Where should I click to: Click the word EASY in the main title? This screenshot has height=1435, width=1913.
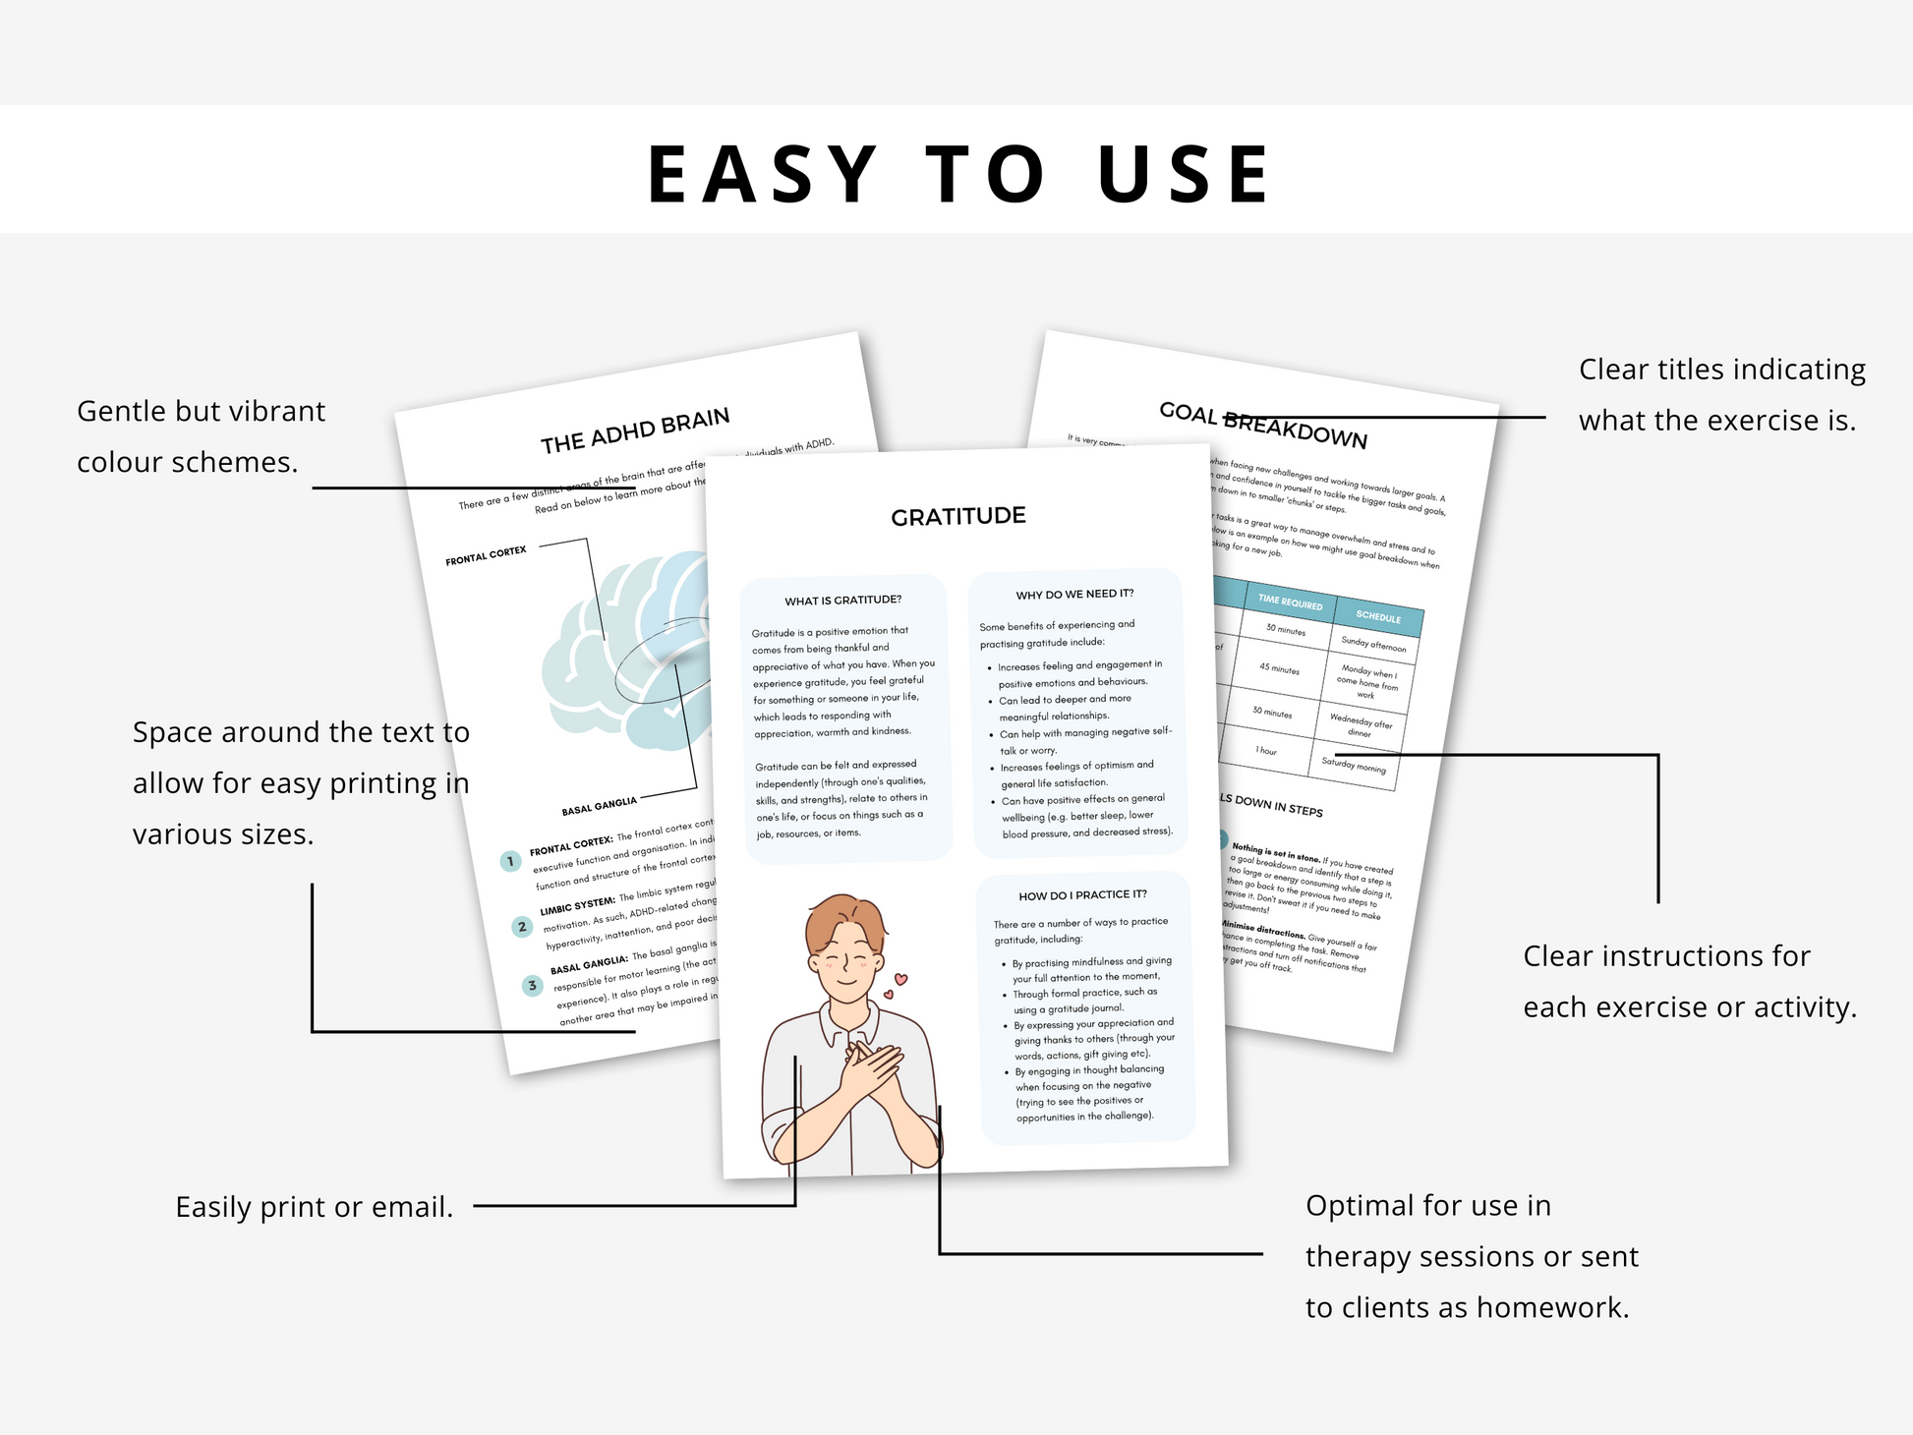[761, 175]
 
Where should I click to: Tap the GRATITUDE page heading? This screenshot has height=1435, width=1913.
[957, 516]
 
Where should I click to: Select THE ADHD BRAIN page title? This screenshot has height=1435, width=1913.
[635, 430]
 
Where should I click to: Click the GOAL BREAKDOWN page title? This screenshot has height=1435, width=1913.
[1262, 425]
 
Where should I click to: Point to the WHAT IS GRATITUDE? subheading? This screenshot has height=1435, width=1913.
[842, 600]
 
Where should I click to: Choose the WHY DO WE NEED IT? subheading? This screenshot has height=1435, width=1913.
[1074, 594]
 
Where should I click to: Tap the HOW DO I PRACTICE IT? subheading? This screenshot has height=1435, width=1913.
[1082, 894]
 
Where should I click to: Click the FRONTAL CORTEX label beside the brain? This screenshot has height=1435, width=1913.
[486, 555]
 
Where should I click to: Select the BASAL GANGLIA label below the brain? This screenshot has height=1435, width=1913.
[599, 806]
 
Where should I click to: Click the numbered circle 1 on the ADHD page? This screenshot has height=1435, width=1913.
[510, 861]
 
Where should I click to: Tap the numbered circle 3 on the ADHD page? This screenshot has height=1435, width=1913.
[532, 985]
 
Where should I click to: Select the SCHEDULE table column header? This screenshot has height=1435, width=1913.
[1377, 617]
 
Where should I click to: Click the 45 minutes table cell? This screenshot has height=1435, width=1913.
[1279, 668]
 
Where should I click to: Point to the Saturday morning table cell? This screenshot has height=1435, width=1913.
[1353, 765]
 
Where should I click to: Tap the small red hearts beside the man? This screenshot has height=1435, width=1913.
[896, 985]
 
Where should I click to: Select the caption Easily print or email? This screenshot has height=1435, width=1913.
[314, 1207]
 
